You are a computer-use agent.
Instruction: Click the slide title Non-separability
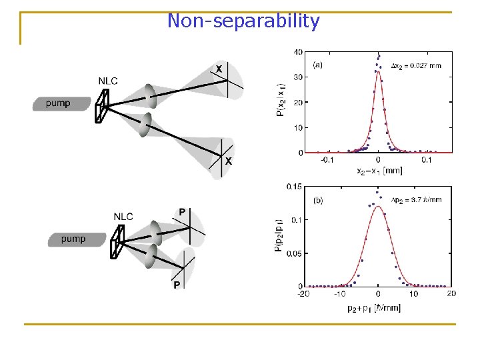click(x=243, y=21)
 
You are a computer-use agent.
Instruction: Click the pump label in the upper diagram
click(x=58, y=103)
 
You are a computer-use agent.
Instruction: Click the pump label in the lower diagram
click(x=73, y=239)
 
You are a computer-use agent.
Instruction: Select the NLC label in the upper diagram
click(x=108, y=81)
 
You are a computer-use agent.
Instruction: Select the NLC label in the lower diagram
click(x=123, y=216)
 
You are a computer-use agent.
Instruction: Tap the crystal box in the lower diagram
click(x=118, y=241)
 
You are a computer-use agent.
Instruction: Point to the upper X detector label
click(x=218, y=69)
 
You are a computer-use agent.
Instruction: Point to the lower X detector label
click(x=229, y=161)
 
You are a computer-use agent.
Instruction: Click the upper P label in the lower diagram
click(x=182, y=211)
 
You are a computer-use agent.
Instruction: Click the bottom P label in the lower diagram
click(x=177, y=285)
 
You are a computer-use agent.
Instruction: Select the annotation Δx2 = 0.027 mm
click(x=416, y=65)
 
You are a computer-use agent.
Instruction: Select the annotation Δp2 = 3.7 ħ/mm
click(x=416, y=199)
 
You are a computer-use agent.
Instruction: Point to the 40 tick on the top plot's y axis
click(x=299, y=52)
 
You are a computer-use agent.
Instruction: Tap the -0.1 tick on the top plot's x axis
click(x=327, y=160)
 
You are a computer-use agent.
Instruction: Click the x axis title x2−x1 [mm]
click(x=378, y=171)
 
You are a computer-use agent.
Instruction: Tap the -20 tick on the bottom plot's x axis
click(x=303, y=293)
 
